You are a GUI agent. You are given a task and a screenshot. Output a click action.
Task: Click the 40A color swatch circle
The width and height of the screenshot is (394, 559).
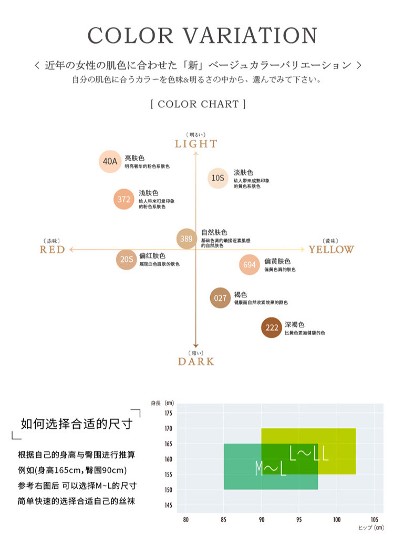pos(110,161)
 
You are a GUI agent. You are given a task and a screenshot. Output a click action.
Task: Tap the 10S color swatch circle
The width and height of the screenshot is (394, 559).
pos(218,178)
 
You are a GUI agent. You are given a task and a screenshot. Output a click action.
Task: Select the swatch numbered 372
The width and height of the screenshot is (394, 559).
pos(124,199)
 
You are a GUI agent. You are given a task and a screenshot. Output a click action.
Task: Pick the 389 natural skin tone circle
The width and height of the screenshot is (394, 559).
pos(186,239)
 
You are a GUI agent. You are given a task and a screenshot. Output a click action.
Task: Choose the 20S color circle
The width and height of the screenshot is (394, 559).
pos(127,259)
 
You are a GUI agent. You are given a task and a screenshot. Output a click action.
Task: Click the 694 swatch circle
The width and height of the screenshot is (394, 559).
pos(250,265)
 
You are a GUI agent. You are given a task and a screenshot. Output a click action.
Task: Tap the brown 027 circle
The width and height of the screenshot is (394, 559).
pos(220,298)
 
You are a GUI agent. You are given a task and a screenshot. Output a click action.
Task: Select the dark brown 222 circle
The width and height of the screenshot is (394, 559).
pos(272,328)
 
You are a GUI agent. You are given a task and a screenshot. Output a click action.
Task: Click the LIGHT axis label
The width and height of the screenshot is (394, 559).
pos(196,144)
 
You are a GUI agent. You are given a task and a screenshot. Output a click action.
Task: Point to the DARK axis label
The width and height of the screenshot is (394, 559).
pos(196,361)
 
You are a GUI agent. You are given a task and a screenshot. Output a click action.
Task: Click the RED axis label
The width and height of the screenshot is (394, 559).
pos(53,250)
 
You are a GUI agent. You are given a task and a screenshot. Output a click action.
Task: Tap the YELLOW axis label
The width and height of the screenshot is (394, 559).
pos(331,250)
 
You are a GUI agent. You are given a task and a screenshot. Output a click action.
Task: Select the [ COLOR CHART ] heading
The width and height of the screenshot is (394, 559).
pos(198,104)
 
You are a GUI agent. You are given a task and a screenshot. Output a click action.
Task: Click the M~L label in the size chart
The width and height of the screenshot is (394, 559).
pos(271,468)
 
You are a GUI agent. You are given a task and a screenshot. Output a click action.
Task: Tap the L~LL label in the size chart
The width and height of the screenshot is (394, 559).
pos(309,453)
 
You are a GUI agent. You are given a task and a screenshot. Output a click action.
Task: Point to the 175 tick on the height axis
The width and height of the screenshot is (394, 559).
pos(168,413)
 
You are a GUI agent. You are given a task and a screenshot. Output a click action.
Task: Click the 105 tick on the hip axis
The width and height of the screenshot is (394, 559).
pos(374,520)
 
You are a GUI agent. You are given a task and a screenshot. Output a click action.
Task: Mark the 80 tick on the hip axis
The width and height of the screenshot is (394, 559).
pos(185,520)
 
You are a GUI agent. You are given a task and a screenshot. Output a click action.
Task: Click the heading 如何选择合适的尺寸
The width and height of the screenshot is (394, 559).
pos(76,423)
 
